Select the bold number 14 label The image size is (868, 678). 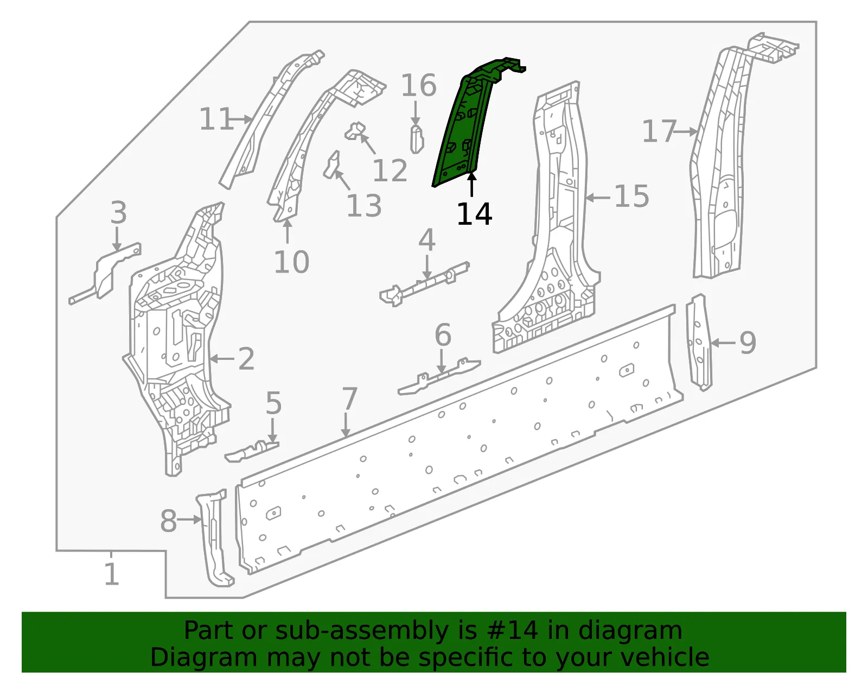tap(474, 214)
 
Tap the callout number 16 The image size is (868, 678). tap(419, 85)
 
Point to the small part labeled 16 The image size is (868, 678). tap(417, 139)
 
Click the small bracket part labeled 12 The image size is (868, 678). tap(355, 131)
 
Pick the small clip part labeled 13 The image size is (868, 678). tap(331, 164)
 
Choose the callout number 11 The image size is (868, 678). tap(216, 119)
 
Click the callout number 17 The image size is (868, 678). tap(660, 131)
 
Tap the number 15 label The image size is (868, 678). tap(631, 196)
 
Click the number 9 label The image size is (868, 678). tap(748, 343)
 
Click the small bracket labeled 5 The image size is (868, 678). tap(252, 452)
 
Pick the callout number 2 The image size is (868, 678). tap(246, 358)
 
